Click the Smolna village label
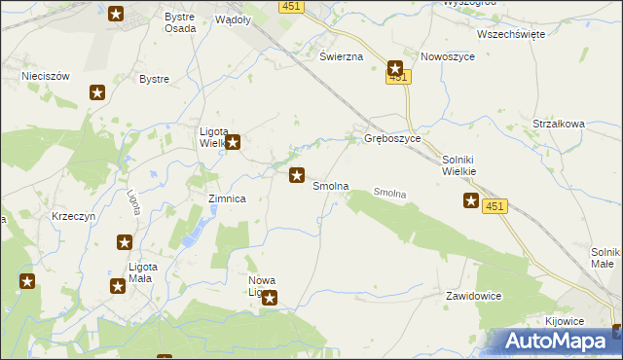330,186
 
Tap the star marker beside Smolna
297,176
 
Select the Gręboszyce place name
392,139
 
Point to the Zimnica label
227,198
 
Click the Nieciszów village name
43,74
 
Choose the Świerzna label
342,56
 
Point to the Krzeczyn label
75,216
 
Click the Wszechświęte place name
510,33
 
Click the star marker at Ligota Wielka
234,142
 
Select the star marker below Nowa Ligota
271,299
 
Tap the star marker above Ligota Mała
125,242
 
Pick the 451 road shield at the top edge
290,6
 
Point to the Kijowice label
564,320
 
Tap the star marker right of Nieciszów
97,92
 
